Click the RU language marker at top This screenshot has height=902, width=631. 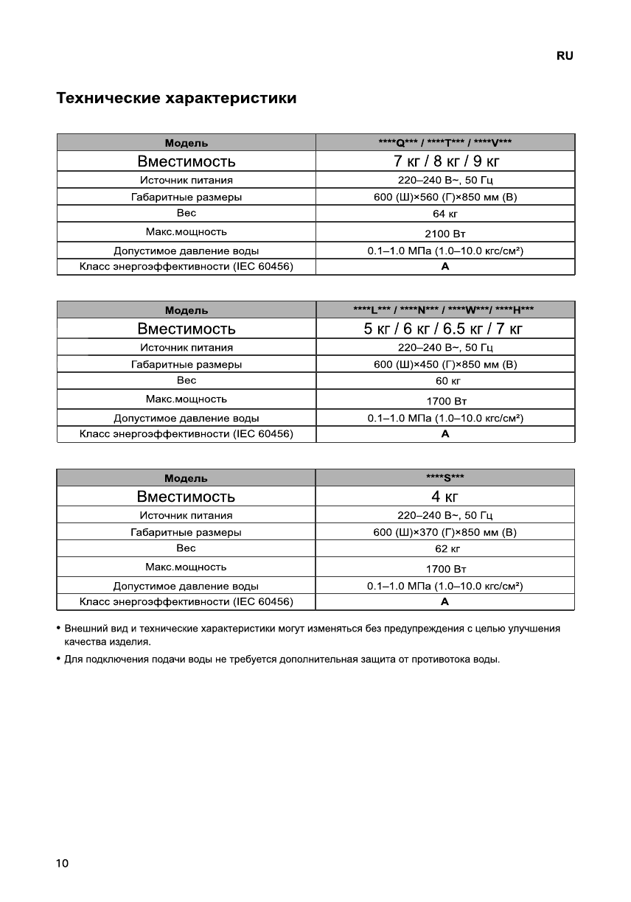point(565,56)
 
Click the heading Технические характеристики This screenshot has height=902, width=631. point(177,98)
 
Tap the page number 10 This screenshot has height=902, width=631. point(62,863)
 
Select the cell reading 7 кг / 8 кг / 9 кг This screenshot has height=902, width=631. point(445,161)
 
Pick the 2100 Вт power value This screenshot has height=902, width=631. point(445,233)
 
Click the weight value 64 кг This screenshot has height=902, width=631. point(445,214)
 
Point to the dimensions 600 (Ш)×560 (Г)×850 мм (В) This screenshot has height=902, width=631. point(445,197)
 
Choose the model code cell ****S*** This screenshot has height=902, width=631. point(445,478)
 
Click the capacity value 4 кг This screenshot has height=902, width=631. point(445,496)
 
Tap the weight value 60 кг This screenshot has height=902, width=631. point(445,382)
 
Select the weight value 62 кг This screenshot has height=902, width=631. point(445,549)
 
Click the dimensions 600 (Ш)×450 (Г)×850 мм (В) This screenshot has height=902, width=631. point(445,364)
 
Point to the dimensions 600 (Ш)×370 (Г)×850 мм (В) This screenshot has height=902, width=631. point(445,532)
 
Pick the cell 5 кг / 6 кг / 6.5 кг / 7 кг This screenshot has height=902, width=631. point(445,329)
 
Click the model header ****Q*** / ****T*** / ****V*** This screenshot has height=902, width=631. point(445,143)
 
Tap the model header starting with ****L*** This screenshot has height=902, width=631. point(445,310)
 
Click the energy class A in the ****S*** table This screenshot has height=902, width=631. point(445,602)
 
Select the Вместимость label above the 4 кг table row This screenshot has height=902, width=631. point(186,496)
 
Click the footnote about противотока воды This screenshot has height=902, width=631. point(282,659)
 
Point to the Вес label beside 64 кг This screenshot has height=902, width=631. point(186,214)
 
